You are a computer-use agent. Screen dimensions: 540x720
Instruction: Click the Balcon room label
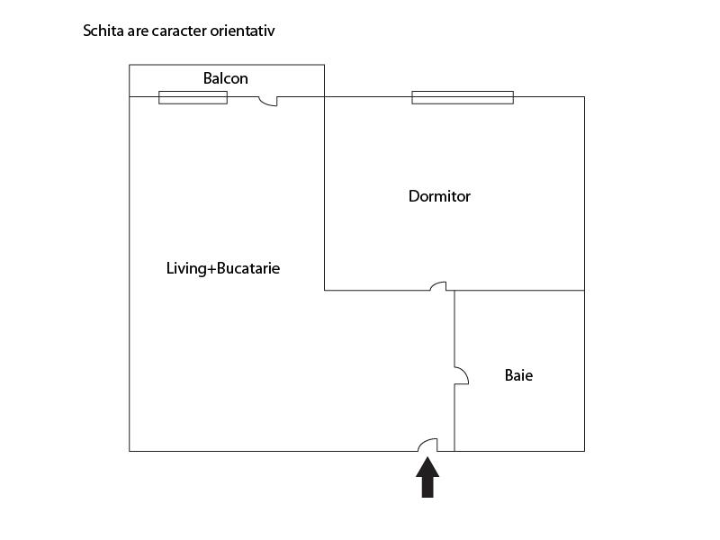(225, 78)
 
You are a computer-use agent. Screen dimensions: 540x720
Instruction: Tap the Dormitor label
(439, 196)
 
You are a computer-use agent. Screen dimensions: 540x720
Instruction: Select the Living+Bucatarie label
(223, 268)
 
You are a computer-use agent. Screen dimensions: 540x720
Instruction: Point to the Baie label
(518, 375)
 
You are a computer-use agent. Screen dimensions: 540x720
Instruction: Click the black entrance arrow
(427, 477)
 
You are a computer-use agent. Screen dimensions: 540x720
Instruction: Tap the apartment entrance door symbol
(427, 445)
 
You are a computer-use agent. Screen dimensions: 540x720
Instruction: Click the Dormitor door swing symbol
(438, 286)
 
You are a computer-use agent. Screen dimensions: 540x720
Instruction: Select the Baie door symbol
(460, 375)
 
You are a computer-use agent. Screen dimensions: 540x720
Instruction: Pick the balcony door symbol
(268, 101)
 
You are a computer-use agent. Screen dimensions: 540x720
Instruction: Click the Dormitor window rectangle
(463, 97)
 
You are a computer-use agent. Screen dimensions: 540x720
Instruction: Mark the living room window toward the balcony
(193, 97)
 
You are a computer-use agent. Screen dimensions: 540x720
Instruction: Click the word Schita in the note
(103, 31)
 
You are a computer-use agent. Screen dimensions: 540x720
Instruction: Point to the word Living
(184, 268)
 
